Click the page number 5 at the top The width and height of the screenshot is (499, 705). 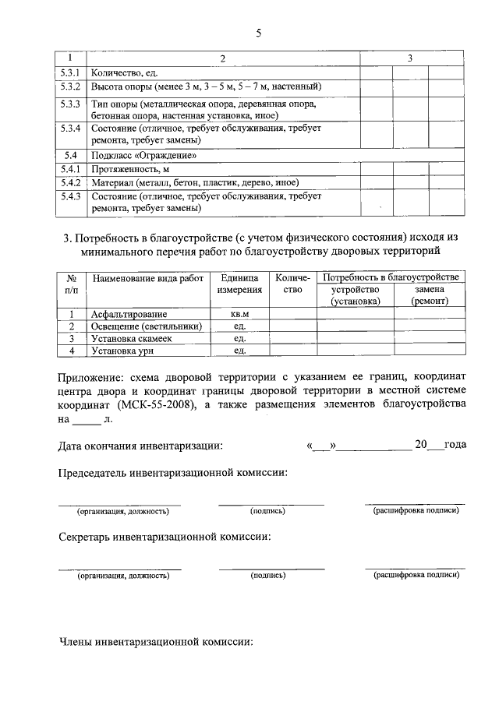[x=258, y=33]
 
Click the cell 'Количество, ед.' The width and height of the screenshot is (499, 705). [x=119, y=72]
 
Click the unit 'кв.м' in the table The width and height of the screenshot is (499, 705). [x=239, y=314]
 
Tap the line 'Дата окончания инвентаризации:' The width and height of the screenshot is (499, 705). [x=141, y=446]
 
